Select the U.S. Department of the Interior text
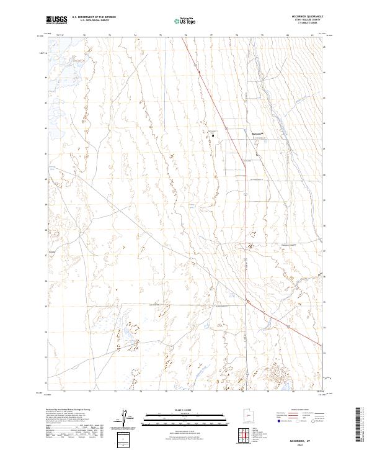[94, 17]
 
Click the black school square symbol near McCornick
[213, 134]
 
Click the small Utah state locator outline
[249, 420]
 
